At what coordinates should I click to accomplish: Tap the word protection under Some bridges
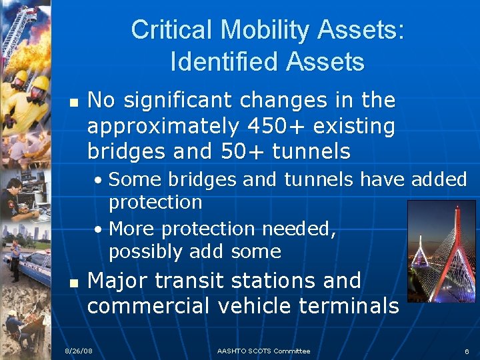(x=155, y=201)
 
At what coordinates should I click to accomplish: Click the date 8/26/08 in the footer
(x=78, y=351)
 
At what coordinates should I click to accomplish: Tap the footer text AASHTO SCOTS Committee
(x=263, y=351)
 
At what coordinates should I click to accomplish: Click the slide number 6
(x=467, y=351)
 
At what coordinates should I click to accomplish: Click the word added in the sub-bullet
(x=439, y=179)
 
